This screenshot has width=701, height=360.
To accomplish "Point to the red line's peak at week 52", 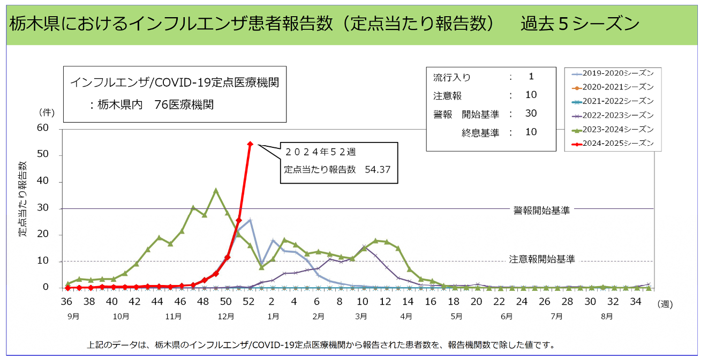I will [250, 144].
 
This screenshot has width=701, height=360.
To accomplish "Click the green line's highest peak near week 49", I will [216, 190].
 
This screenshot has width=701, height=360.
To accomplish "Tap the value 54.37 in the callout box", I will [378, 169].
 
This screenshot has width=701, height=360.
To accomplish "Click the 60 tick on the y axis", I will [42, 128].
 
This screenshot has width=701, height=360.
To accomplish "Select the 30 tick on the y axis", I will [42, 208].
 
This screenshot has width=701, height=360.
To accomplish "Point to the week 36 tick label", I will [67, 302].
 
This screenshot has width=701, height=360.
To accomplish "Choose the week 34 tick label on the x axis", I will [635, 302].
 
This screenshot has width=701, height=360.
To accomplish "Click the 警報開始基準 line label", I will [541, 211].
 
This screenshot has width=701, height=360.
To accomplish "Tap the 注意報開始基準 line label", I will [541, 259].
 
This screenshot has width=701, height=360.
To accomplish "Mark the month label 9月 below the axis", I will [74, 316].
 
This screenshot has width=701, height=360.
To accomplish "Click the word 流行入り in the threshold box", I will [451, 77].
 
